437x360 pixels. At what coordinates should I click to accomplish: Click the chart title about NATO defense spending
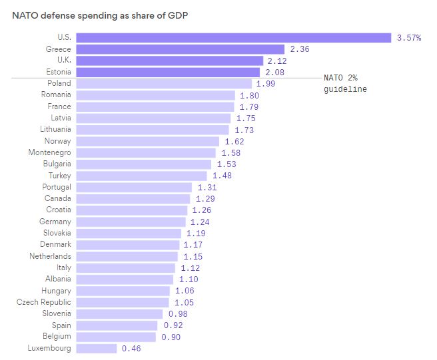tap(100, 15)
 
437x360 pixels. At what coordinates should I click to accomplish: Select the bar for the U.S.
tap(233, 38)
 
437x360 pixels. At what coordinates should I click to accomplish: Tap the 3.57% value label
tap(409, 38)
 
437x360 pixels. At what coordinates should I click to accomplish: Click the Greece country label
tap(58, 49)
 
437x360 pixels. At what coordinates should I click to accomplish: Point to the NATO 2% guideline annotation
tap(345, 83)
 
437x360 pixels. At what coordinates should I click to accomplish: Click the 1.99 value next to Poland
tap(266, 84)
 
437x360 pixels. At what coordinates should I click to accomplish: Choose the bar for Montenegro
tap(146, 152)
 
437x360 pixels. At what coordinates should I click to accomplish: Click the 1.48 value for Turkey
tap(224, 176)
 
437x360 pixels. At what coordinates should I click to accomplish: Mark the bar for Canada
tap(133, 198)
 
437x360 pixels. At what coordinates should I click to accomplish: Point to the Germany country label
tap(55, 222)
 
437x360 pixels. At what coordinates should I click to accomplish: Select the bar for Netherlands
tap(127, 256)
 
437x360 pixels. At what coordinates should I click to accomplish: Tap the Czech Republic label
tap(44, 302)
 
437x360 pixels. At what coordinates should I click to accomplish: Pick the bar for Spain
tap(117, 325)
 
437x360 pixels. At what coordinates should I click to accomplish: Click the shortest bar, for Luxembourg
tap(97, 348)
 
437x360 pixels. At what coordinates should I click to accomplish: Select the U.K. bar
tap(170, 61)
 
